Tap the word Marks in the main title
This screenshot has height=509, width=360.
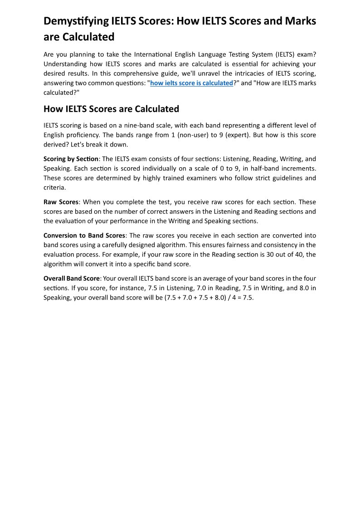(301, 21)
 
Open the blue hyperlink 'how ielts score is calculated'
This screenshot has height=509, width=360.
(191, 83)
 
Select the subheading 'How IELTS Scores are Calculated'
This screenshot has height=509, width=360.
(111, 109)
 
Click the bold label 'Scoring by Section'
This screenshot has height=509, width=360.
(71, 159)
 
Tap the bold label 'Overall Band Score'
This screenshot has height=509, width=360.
(71, 279)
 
